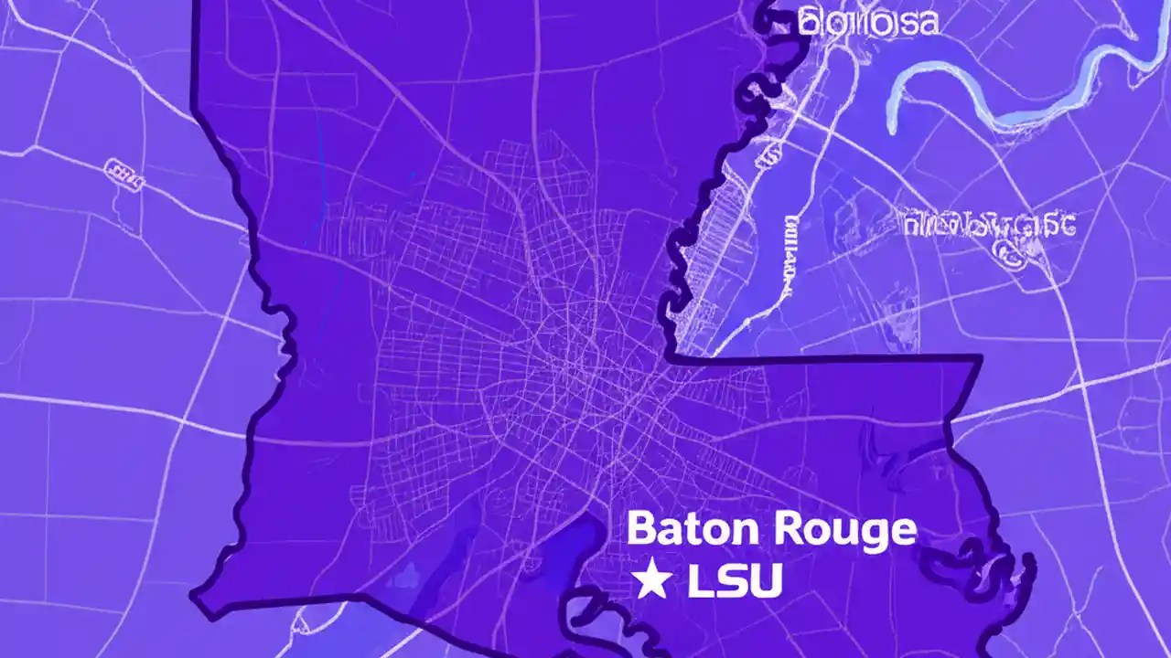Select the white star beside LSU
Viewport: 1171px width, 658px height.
(x=651, y=581)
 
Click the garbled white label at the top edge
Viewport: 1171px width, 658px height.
(x=867, y=22)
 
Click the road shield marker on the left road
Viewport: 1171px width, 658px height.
(x=124, y=175)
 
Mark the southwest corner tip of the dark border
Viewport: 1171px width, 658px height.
(x=195, y=596)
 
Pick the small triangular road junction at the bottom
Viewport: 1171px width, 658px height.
(x=301, y=627)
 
